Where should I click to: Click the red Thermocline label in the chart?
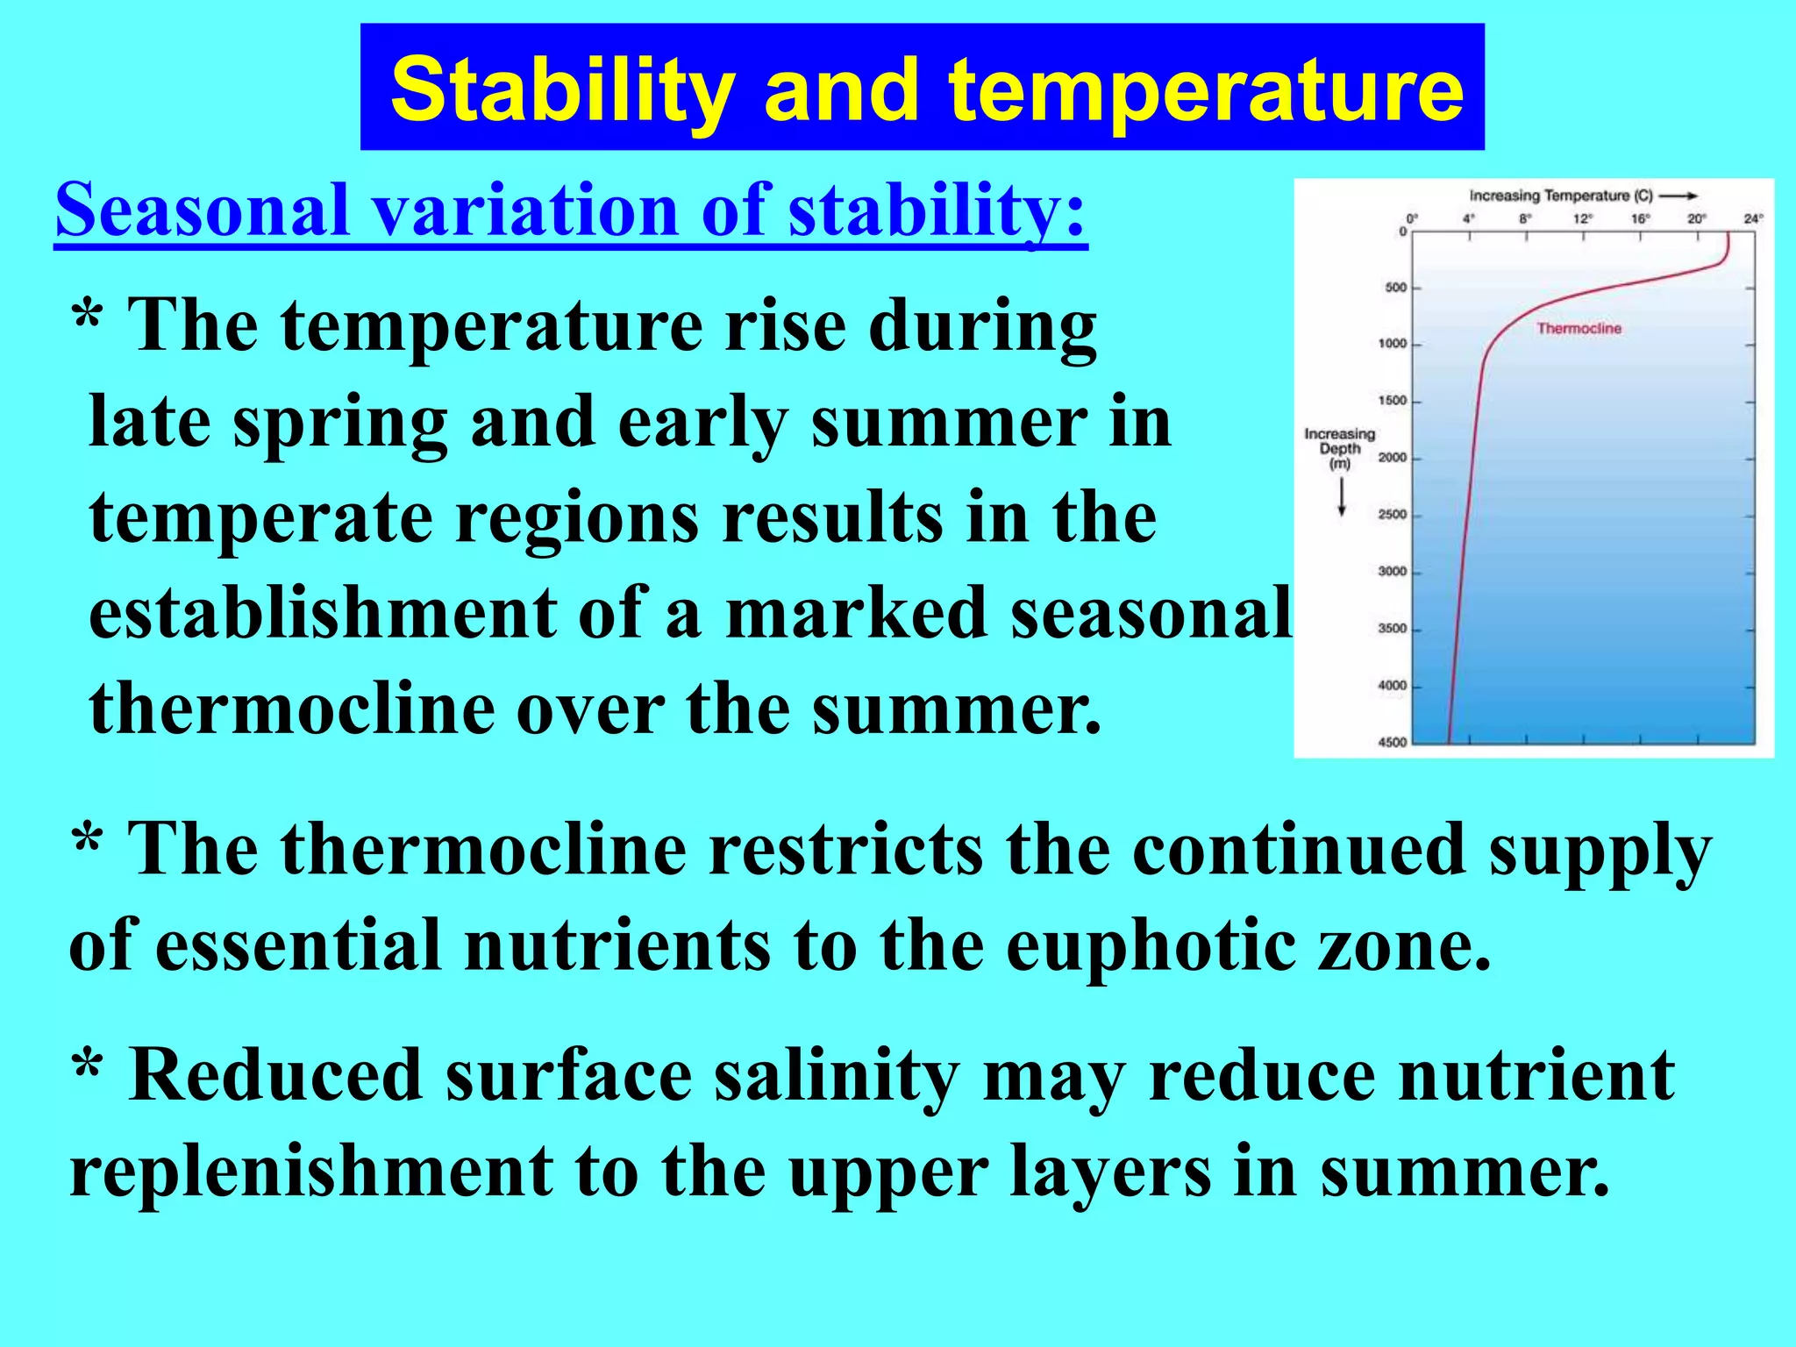coord(1579,328)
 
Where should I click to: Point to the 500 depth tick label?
coord(1394,288)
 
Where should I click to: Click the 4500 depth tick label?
coord(1392,743)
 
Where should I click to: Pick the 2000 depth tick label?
coord(1392,458)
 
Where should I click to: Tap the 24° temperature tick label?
coord(1752,218)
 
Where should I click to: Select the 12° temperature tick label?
coord(1581,218)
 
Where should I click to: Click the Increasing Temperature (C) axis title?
coord(1561,196)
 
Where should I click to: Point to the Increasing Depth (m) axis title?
coord(1339,448)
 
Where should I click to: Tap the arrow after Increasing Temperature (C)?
coord(1679,196)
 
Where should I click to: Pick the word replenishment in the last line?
coord(311,1172)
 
